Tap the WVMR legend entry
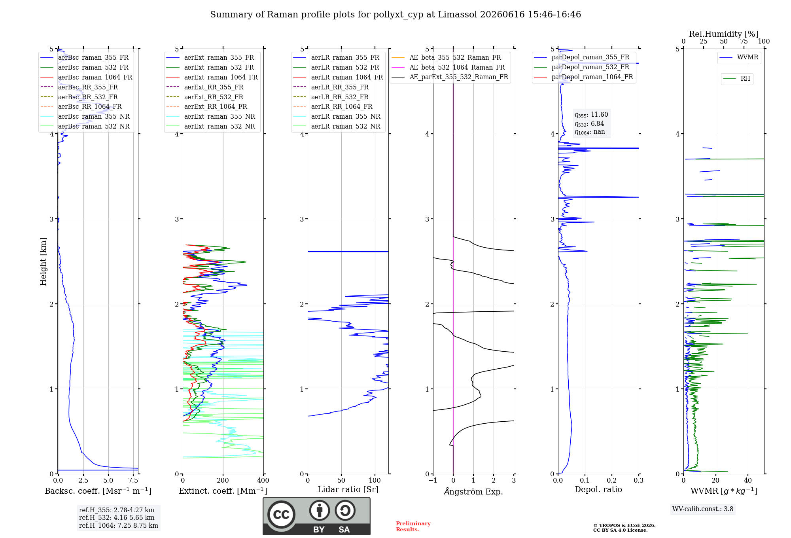point(739,57)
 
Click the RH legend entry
point(736,79)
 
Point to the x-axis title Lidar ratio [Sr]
point(348,489)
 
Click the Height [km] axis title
point(43,261)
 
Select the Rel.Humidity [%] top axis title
point(724,34)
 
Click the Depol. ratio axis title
point(598,489)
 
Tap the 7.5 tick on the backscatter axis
point(133,481)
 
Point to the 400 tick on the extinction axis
point(263,481)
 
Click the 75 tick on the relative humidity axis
point(744,42)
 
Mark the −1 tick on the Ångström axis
point(433,481)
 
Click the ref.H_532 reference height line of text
point(117,518)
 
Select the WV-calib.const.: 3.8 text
point(703,509)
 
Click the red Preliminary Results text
point(413,527)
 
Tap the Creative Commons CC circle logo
point(281,515)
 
